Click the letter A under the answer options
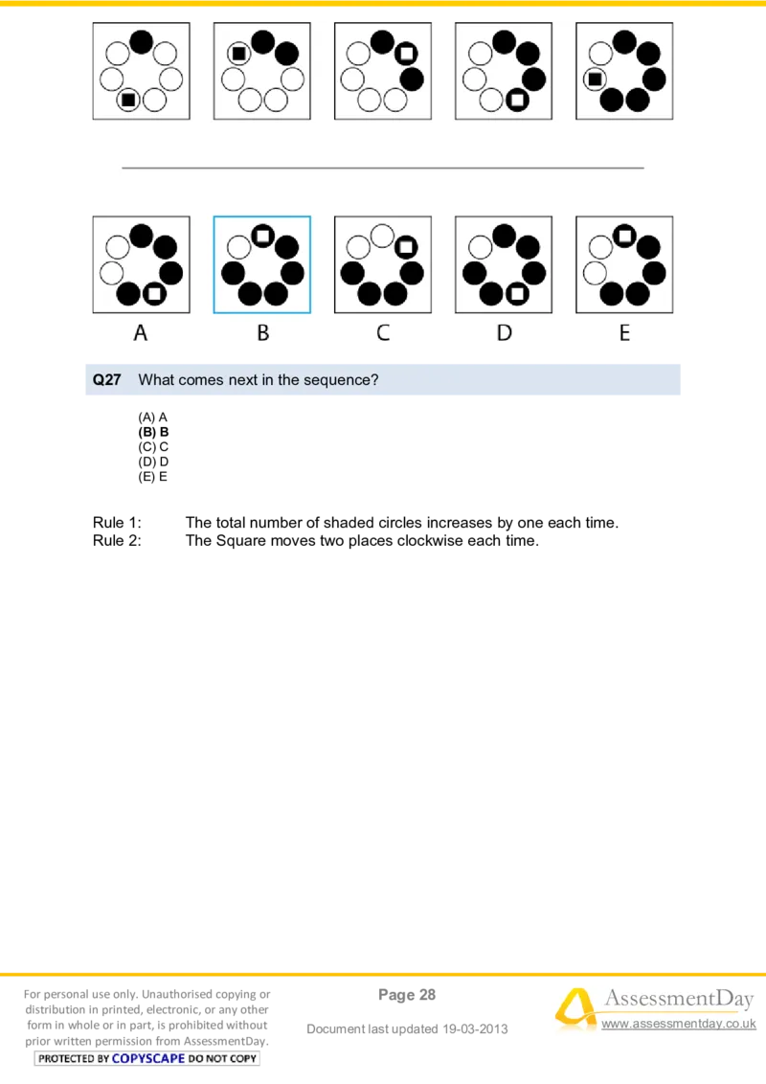(141, 333)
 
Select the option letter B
(262, 333)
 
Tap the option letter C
(383, 333)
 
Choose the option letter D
(505, 333)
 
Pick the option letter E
(624, 333)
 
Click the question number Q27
(107, 380)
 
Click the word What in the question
(156, 380)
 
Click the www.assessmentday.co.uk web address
(677, 1025)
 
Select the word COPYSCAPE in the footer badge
(147, 1058)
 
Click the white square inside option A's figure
(154, 294)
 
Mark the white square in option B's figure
(262, 235)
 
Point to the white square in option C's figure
(405, 247)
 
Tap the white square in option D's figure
(517, 294)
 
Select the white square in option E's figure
(624, 235)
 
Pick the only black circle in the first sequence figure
(141, 41)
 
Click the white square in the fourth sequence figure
(517, 99)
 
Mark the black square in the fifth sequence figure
(595, 79)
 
